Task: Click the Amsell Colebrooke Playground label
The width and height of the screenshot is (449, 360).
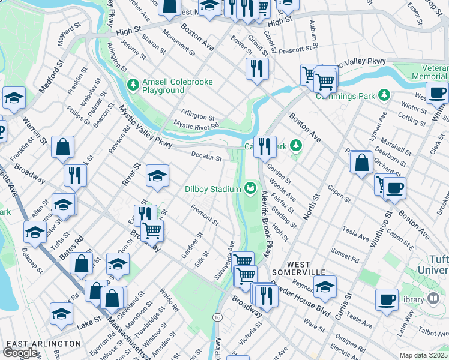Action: (x=163, y=86)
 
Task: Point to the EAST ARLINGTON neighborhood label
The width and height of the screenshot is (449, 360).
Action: (x=43, y=343)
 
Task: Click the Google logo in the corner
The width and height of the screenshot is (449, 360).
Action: (x=20, y=353)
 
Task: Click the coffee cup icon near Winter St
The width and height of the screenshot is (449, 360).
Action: (x=437, y=92)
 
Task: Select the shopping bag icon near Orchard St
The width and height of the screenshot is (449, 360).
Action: (x=361, y=162)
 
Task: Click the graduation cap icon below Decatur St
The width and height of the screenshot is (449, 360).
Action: (x=157, y=175)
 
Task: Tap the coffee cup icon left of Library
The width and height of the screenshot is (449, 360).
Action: (x=387, y=299)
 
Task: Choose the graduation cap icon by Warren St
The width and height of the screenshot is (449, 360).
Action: (x=13, y=97)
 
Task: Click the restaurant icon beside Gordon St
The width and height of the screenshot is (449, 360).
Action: (x=264, y=146)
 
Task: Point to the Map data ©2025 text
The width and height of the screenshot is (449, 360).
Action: (x=423, y=355)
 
